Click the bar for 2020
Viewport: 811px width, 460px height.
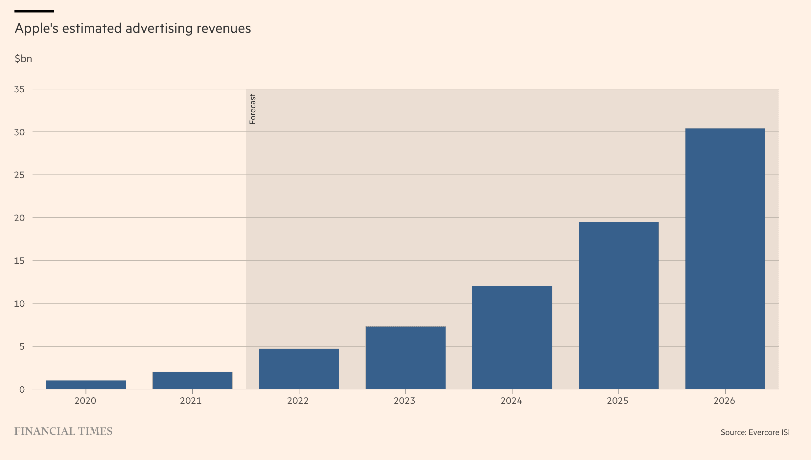pyautogui.click(x=86, y=385)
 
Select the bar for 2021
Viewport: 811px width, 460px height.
pyautogui.click(x=192, y=380)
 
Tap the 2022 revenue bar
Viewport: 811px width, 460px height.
pyautogui.click(x=299, y=369)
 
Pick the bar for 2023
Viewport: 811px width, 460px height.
pyautogui.click(x=405, y=358)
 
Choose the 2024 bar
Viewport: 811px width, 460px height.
pyautogui.click(x=512, y=338)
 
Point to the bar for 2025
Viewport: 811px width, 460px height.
pyautogui.click(x=619, y=306)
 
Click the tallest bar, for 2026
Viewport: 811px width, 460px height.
pyautogui.click(x=725, y=259)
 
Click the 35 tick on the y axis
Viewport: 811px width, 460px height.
pyautogui.click(x=19, y=89)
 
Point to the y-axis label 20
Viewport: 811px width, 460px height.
pyautogui.click(x=19, y=218)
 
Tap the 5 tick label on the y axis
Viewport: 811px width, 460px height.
pyautogui.click(x=22, y=346)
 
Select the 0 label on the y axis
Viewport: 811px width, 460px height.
pyautogui.click(x=22, y=389)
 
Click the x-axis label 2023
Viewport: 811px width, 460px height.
pyautogui.click(x=405, y=401)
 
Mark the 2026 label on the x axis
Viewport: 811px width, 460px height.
pyautogui.click(x=724, y=401)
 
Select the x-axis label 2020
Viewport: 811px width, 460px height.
pyautogui.click(x=85, y=401)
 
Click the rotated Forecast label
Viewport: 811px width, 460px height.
pyautogui.click(x=253, y=109)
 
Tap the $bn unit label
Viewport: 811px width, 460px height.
pyautogui.click(x=23, y=59)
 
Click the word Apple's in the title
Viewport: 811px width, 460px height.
pyautogui.click(x=37, y=29)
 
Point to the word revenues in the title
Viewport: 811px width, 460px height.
pyautogui.click(x=224, y=29)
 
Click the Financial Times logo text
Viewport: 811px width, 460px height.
pyautogui.click(x=63, y=431)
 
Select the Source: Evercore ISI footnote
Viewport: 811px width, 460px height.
pyautogui.click(x=755, y=432)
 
